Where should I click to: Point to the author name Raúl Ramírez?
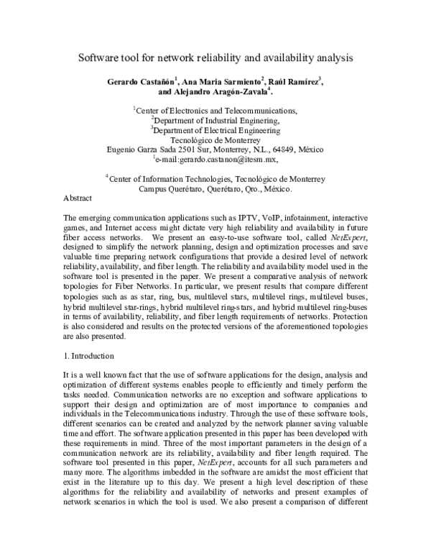pos(294,83)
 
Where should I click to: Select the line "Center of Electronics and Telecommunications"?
pos(216,111)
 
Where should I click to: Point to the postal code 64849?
pos(305,150)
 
